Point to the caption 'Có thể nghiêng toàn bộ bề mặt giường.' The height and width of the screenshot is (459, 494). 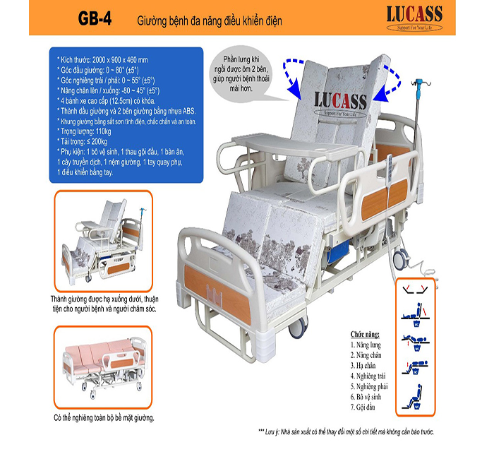(104, 417)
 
